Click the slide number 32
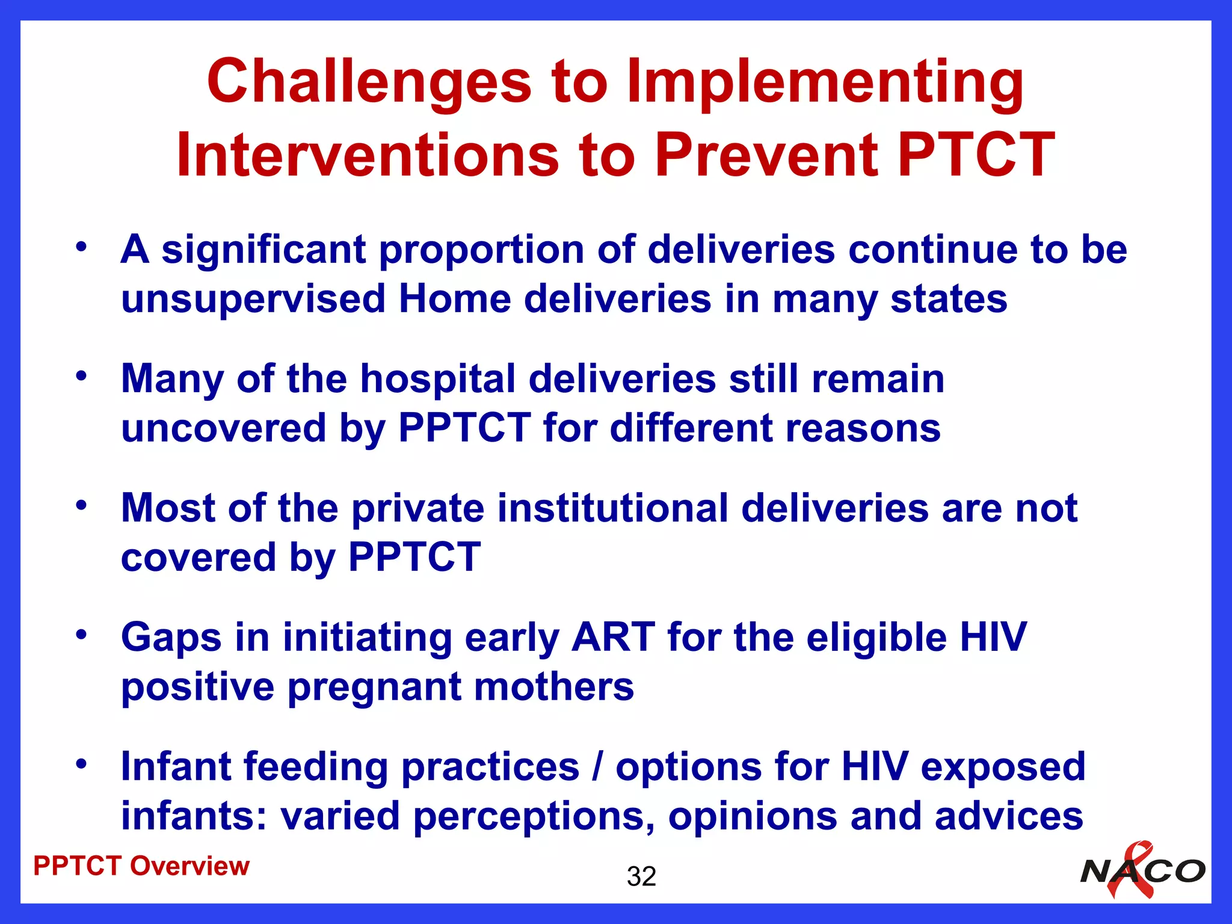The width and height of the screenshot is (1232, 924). [x=641, y=876]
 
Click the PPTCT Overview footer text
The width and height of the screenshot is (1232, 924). [x=141, y=866]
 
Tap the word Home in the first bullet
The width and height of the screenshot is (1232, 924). [x=454, y=299]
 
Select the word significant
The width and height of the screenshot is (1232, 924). [x=263, y=250]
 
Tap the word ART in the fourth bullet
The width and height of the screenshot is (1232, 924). [x=612, y=637]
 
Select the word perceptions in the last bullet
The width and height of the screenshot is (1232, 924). [x=534, y=816]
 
